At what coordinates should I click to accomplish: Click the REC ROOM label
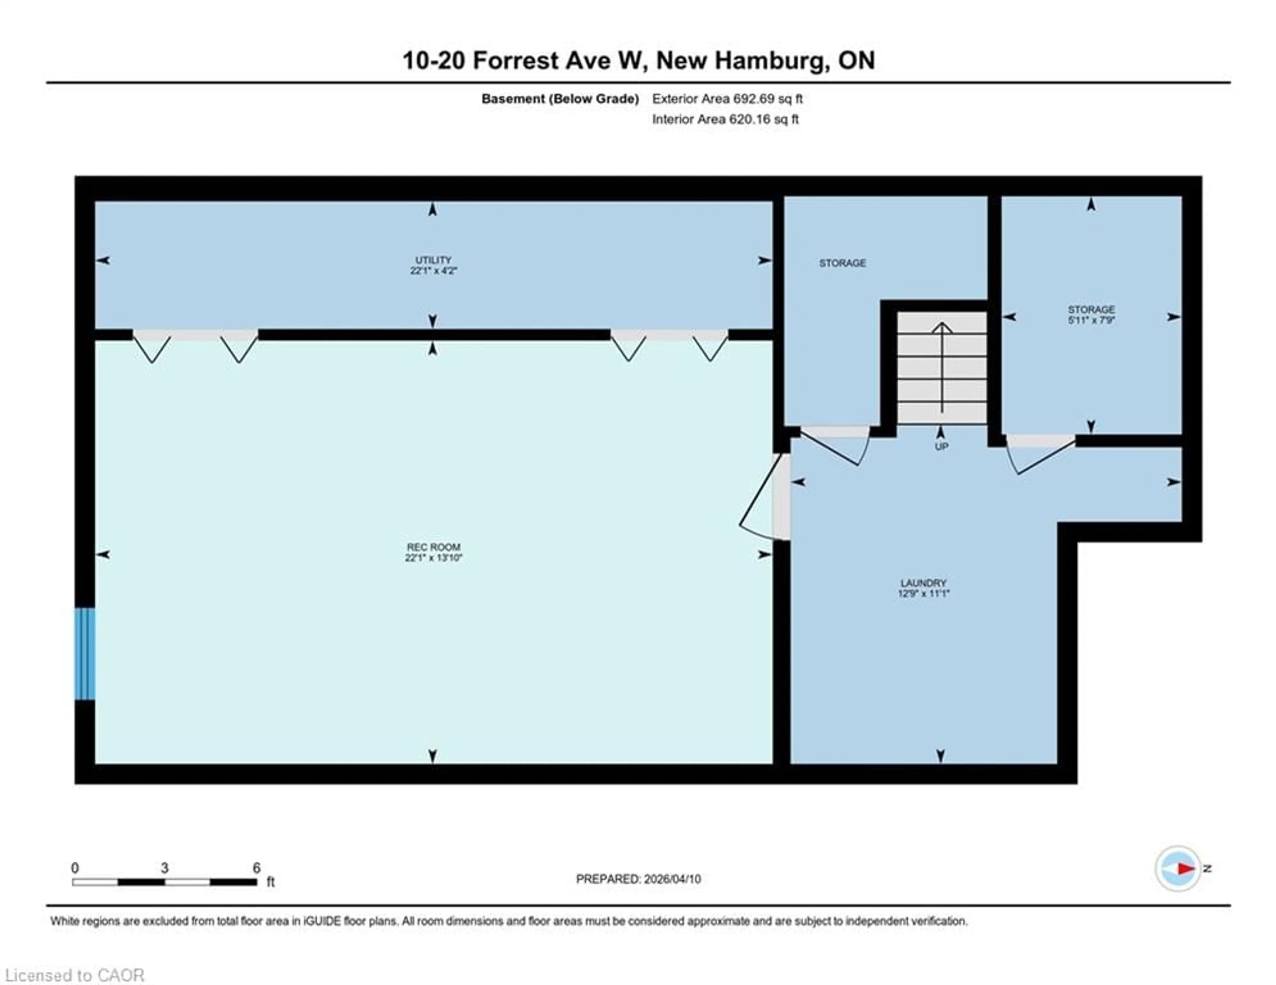[x=434, y=552]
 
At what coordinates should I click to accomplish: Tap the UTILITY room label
[x=433, y=265]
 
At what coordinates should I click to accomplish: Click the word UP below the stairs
[x=941, y=446]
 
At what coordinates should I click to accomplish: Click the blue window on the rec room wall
[x=85, y=653]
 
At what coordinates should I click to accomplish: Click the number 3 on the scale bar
[x=165, y=868]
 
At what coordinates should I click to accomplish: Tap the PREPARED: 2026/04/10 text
[x=638, y=879]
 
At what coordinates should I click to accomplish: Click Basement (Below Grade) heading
[x=559, y=99]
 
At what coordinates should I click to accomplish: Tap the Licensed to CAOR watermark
[x=74, y=975]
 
